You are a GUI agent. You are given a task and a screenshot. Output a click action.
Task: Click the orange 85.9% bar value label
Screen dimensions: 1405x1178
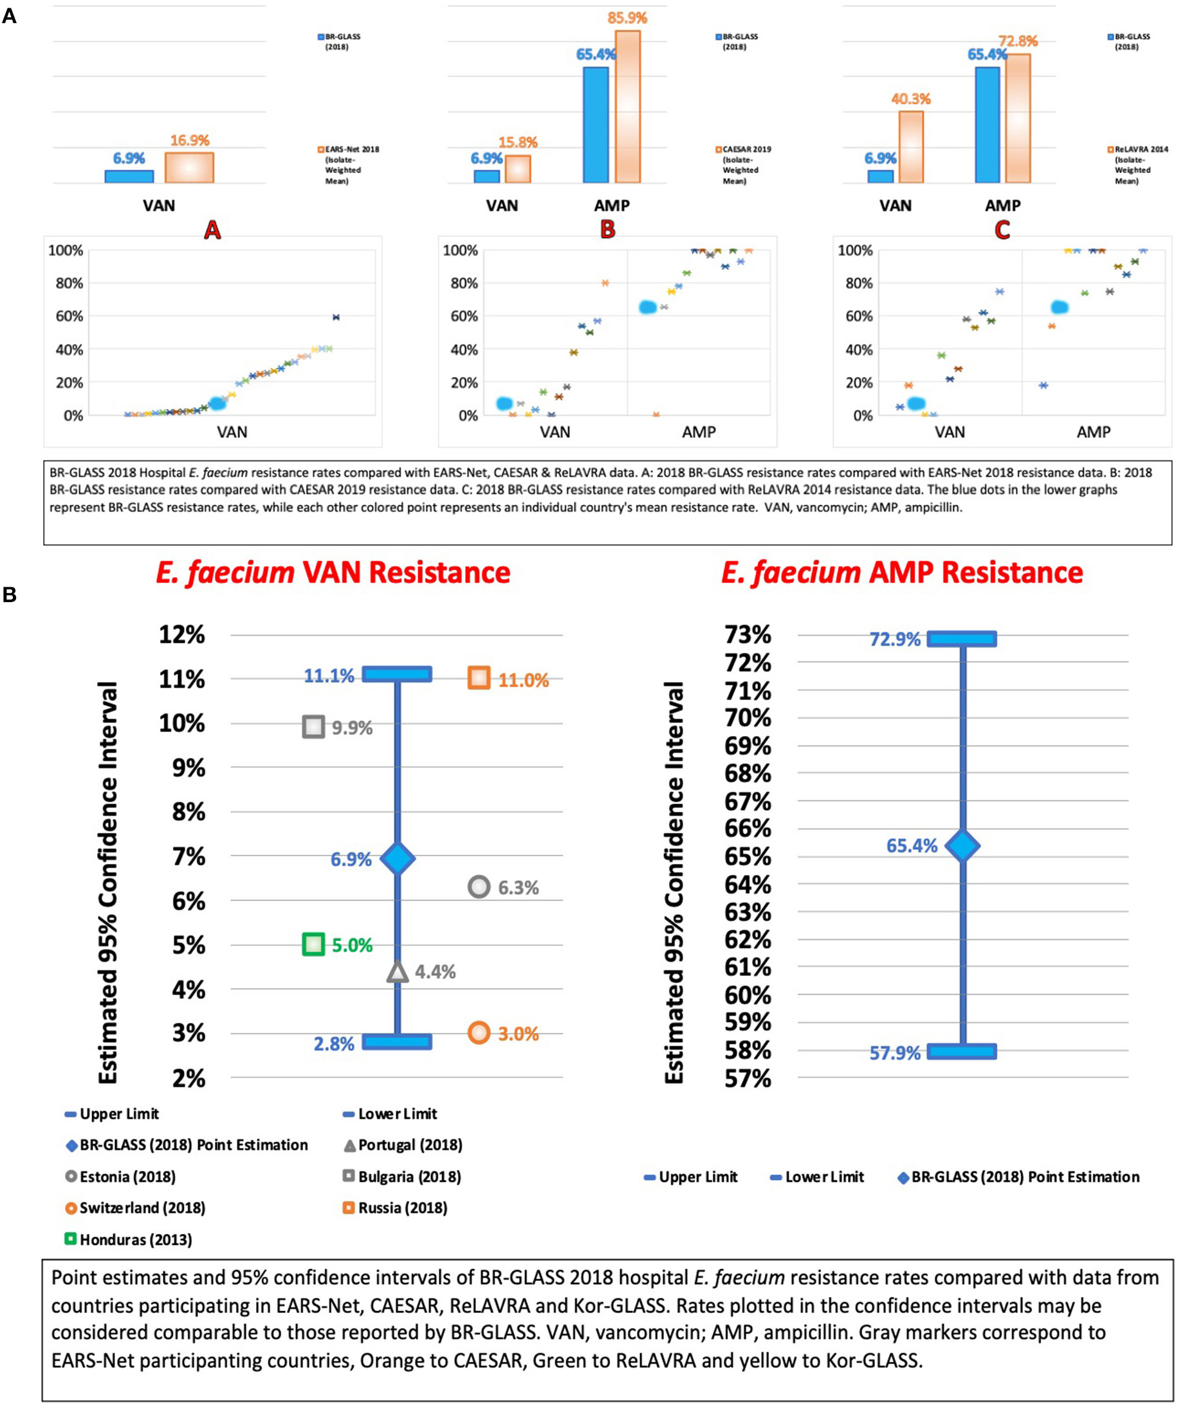point(627,18)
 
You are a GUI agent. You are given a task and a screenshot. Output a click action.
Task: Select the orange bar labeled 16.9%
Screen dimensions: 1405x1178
point(189,167)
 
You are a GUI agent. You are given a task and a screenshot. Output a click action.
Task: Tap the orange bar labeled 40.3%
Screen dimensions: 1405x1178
point(910,147)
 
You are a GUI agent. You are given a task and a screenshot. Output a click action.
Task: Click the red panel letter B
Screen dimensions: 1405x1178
point(607,230)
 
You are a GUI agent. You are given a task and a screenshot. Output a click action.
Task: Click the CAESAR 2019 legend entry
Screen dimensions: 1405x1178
point(746,165)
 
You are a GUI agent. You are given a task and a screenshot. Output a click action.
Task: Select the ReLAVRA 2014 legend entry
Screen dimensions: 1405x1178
point(1140,165)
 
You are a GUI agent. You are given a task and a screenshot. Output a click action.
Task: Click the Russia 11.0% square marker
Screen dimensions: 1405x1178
point(479,678)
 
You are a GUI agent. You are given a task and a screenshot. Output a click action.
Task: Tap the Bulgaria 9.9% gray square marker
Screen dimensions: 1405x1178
point(313,726)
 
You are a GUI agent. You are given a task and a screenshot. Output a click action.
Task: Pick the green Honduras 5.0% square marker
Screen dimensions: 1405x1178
point(313,944)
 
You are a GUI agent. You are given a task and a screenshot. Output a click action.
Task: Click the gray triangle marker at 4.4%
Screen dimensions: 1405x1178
point(398,972)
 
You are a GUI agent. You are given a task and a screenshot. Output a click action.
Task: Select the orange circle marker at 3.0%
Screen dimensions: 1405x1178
point(479,1033)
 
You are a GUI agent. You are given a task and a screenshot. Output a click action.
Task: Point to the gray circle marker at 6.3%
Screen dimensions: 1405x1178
point(479,887)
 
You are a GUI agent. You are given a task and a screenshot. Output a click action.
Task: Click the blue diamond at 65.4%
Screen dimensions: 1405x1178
point(962,846)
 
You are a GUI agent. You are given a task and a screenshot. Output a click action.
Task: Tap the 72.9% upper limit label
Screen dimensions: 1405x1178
point(894,639)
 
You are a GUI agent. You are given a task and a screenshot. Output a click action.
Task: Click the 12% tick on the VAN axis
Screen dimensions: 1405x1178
point(182,634)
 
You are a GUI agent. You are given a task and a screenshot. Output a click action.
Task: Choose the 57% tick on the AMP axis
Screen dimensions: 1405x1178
point(748,1078)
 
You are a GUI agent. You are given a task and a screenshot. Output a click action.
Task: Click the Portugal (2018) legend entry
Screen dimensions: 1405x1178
point(409,1144)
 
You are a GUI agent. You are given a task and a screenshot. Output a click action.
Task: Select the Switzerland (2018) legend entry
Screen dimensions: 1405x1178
point(142,1208)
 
